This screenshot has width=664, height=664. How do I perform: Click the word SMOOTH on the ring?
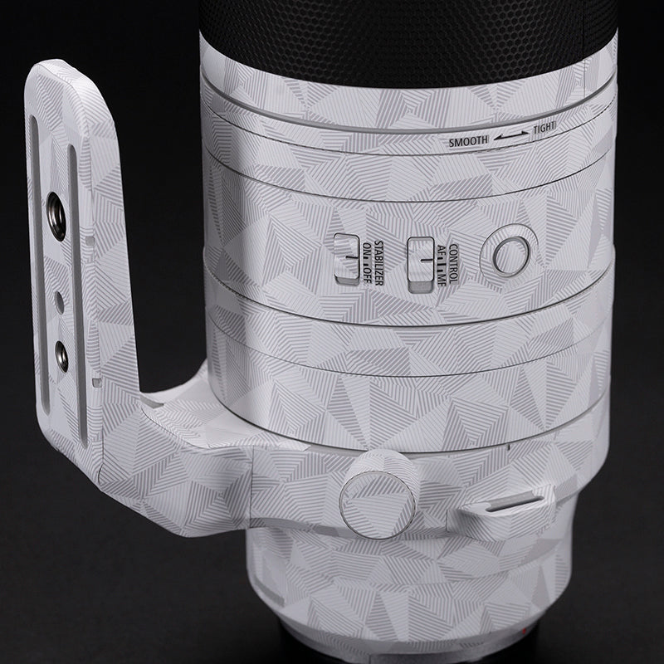pyautogui.click(x=468, y=141)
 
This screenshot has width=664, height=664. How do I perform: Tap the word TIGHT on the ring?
pyautogui.click(x=544, y=127)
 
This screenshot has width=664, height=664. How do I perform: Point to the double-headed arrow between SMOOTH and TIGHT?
pyautogui.click(x=511, y=135)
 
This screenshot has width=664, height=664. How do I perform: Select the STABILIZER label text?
pyautogui.click(x=378, y=262)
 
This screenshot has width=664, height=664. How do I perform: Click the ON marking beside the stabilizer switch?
pyautogui.click(x=367, y=249)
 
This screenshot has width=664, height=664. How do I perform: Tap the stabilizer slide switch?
pyautogui.click(x=346, y=259)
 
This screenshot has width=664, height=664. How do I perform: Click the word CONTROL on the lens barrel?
pyautogui.click(x=452, y=263)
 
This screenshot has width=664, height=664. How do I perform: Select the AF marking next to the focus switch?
pyautogui.click(x=442, y=251)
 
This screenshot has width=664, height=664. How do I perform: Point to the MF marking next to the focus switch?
pyautogui.click(x=442, y=280)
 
